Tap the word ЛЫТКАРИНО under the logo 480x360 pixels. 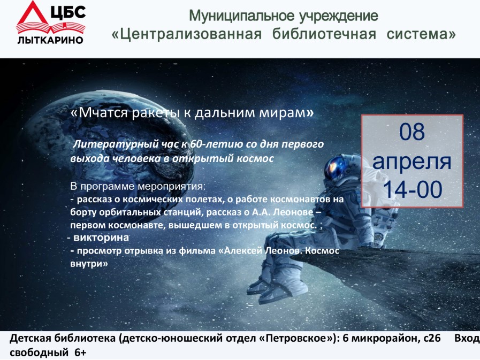(50, 40)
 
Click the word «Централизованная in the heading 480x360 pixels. (186, 34)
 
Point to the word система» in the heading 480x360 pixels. (421, 34)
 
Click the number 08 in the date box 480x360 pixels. (412, 132)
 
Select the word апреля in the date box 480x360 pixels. (412, 162)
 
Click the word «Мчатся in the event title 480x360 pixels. (99, 113)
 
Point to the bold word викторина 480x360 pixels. (101, 238)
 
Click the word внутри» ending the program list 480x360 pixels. (89, 264)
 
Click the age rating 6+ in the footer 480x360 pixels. (80, 353)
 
